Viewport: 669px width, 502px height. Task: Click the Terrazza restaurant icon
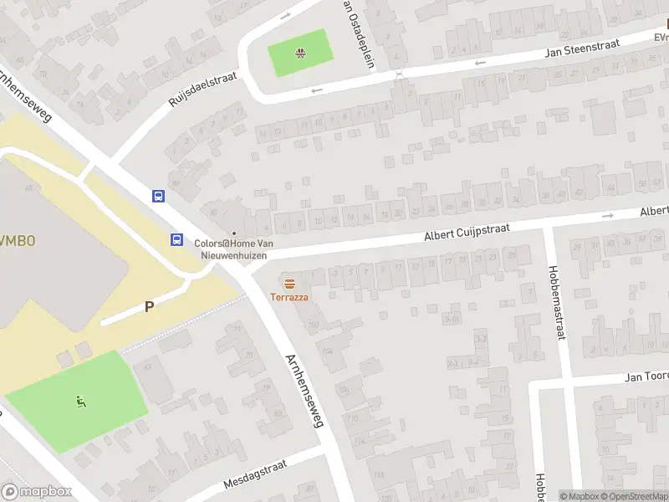[x=289, y=283]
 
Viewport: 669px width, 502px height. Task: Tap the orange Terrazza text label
[x=289, y=297]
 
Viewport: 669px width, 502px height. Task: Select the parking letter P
[x=149, y=306]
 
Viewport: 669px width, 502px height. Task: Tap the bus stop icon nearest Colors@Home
[x=177, y=239]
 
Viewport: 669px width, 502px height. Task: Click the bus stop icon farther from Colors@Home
[x=158, y=197]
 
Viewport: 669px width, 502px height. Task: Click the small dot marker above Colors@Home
[x=234, y=233]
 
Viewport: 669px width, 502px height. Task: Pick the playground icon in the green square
[x=299, y=55]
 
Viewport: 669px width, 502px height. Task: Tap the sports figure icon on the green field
[x=81, y=402]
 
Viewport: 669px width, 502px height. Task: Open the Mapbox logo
[x=36, y=492]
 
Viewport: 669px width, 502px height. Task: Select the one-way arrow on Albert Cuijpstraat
[x=607, y=215]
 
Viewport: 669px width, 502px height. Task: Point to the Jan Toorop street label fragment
[x=646, y=377]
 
